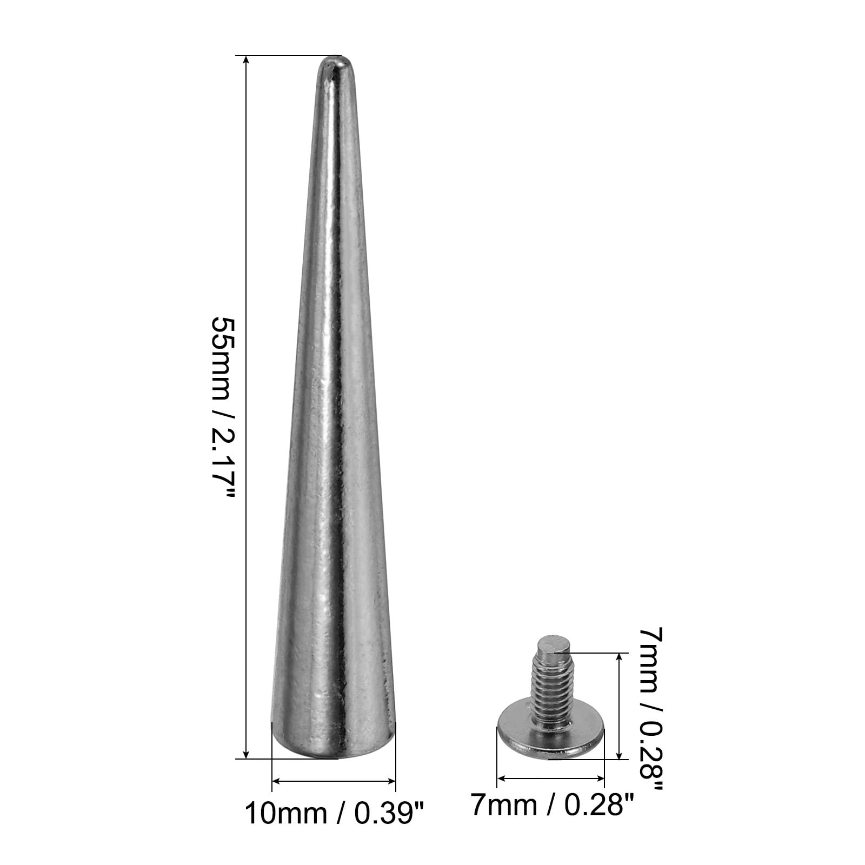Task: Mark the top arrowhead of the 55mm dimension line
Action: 247,61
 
